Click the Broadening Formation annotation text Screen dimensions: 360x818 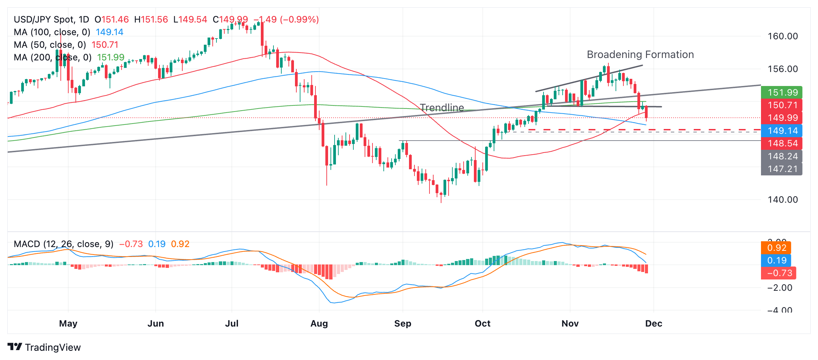640,55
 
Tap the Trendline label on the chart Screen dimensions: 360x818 442,108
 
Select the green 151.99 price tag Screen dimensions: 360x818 781,92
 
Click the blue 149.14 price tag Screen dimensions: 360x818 781,131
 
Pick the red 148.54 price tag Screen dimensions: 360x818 781,143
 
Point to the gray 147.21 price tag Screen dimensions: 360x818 781,169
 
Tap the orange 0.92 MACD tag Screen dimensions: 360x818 776,248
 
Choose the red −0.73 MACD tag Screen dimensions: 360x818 778,273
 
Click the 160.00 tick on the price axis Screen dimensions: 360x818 782,37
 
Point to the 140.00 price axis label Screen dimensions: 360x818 782,200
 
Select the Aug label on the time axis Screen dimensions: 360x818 319,323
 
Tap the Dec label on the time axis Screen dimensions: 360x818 653,323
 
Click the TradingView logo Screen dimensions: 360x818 44,347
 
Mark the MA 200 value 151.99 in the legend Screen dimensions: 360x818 111,57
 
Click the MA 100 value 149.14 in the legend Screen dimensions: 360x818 109,32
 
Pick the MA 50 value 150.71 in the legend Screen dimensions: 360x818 105,45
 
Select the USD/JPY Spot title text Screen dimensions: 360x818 51,19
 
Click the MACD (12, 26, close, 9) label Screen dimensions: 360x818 64,244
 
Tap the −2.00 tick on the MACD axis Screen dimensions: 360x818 780,288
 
